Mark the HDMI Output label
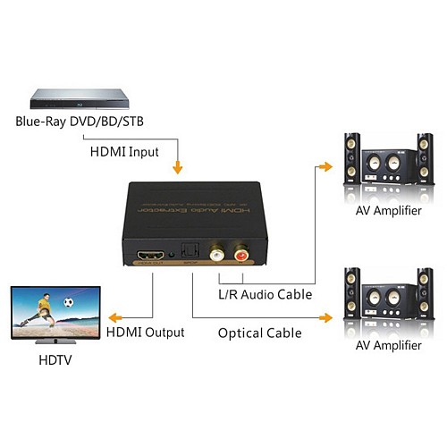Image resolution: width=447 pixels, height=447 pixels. (x=144, y=332)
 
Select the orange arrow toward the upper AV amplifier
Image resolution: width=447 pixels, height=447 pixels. (x=326, y=167)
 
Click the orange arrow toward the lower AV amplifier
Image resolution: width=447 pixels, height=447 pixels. (x=326, y=316)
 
